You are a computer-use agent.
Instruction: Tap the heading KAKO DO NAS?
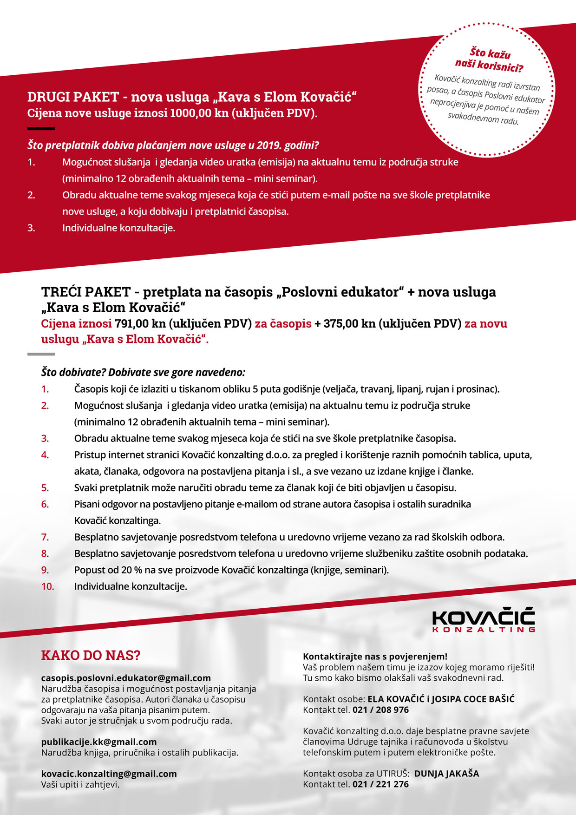[91, 656]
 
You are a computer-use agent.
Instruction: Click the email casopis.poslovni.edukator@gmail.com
[126, 678]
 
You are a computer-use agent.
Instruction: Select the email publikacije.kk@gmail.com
[98, 742]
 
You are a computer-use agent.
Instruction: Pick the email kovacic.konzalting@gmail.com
[109, 774]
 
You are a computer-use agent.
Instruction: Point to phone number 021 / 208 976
[380, 710]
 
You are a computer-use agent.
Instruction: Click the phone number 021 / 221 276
[380, 784]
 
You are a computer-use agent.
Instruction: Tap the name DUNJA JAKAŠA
[446, 773]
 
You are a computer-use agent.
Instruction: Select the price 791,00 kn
[140, 323]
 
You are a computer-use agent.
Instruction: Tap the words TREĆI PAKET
[86, 292]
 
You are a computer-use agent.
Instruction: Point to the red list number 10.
[47, 586]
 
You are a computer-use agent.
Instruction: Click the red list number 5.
[45, 488]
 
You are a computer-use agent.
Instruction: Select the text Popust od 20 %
[108, 570]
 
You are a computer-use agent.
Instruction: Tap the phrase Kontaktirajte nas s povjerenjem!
[375, 656]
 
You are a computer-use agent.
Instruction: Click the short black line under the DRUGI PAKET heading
[41, 129]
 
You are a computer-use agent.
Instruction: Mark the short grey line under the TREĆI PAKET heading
[41, 354]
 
